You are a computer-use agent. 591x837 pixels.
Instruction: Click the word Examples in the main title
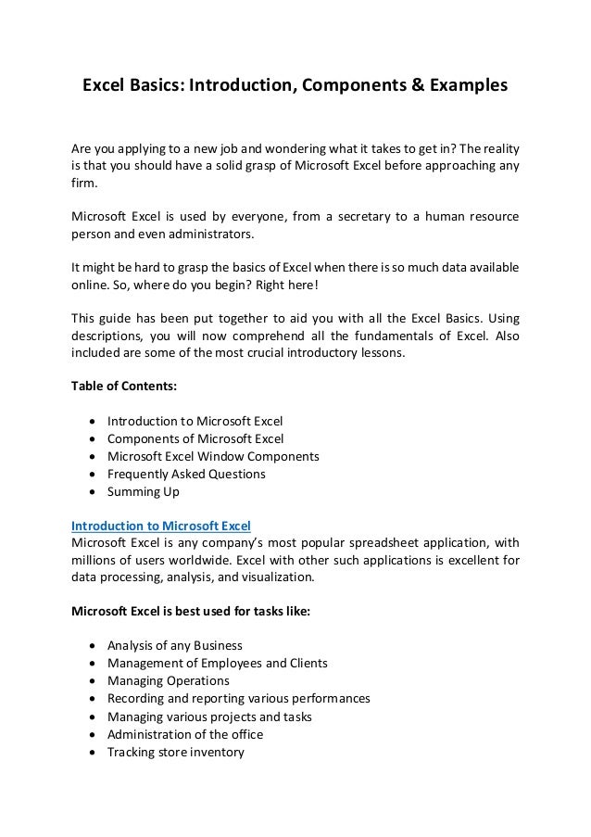tap(466, 86)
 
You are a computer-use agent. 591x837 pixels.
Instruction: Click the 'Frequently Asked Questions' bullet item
tap(186, 474)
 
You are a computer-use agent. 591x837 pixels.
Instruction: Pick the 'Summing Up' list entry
tap(144, 491)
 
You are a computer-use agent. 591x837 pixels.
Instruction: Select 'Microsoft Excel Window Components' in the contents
tap(213, 456)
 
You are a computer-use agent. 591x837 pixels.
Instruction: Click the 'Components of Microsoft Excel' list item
tap(195, 438)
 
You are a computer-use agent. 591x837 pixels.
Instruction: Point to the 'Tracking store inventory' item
tap(175, 752)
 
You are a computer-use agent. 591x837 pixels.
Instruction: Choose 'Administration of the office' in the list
tap(185, 734)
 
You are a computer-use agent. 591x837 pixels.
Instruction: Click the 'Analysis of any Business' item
tap(174, 645)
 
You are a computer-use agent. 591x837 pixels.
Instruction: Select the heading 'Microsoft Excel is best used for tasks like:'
tap(192, 611)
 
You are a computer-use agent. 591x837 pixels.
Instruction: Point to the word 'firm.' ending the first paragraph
tap(84, 184)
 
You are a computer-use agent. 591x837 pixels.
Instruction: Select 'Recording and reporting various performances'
tap(238, 699)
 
